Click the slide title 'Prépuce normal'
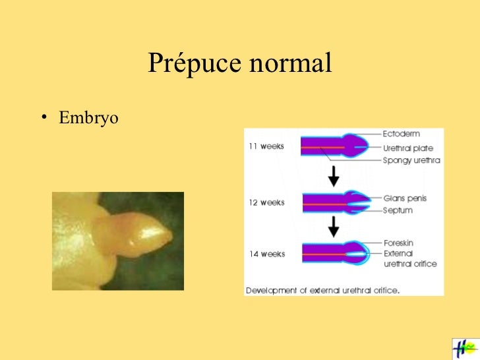click(x=239, y=63)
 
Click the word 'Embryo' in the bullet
click(x=88, y=119)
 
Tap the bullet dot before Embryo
click(x=43, y=119)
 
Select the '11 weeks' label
click(x=266, y=146)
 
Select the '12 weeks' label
click(x=266, y=202)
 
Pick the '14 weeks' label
click(x=266, y=253)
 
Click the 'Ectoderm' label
click(x=401, y=134)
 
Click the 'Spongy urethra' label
click(x=411, y=160)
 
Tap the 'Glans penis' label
click(x=405, y=198)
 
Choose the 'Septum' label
click(x=398, y=210)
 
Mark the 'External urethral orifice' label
click(x=409, y=258)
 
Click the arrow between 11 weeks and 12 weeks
click(x=334, y=175)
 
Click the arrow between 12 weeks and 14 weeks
click(x=334, y=226)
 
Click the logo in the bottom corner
click(x=465, y=348)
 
